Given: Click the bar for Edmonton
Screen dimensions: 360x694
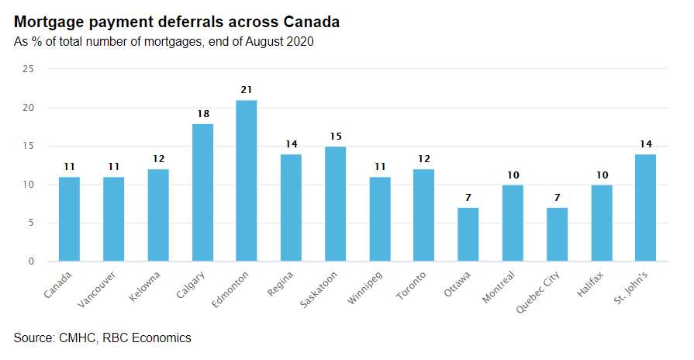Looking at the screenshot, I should click(247, 181).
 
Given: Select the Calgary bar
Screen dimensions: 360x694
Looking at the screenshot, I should click(202, 192).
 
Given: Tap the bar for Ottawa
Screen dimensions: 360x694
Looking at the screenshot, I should click(468, 234).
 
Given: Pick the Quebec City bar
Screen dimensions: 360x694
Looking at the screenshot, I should click(557, 234).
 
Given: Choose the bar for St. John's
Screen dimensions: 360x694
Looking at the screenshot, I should click(645, 208).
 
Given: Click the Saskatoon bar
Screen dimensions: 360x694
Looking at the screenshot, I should click(335, 204).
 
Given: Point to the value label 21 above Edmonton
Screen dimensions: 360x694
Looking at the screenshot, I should click(247, 90).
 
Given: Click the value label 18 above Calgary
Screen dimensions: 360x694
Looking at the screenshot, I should click(202, 113).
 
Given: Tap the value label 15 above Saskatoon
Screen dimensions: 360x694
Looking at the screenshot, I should click(335, 137).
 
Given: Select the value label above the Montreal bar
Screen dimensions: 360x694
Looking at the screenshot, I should click(513, 175).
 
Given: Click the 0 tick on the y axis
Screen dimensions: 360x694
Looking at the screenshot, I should click(32, 261).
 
